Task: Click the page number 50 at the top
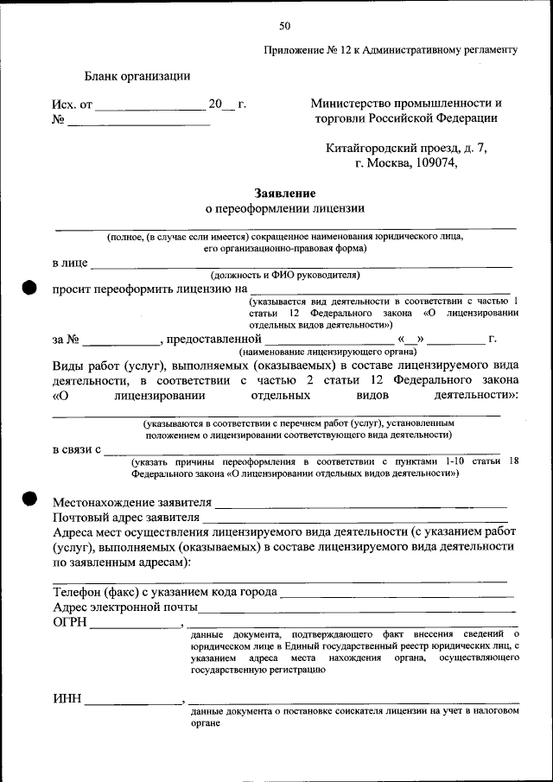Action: (284, 25)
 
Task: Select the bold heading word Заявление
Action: (284, 194)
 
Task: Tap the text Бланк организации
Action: (137, 76)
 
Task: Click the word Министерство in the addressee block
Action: (359, 103)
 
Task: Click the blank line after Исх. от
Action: (149, 109)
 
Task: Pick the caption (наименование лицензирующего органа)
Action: (328, 352)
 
